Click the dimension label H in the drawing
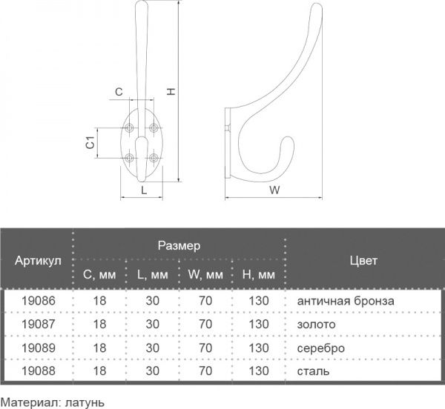(171, 92)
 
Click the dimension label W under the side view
(274, 190)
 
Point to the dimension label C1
(90, 143)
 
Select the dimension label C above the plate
(119, 91)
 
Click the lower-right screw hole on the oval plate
(154, 157)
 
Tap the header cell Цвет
(363, 260)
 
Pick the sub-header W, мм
(205, 276)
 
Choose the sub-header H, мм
(258, 276)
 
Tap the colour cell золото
(317, 325)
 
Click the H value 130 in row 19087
(258, 325)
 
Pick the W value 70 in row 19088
(205, 370)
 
